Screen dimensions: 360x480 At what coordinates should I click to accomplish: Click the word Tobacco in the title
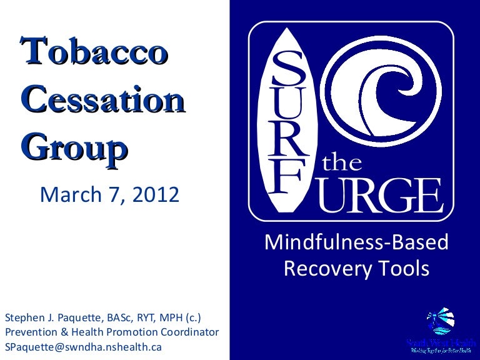[94, 52]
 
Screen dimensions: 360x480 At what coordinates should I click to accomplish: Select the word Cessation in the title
[103, 101]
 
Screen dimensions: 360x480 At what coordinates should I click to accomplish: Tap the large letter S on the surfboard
[288, 70]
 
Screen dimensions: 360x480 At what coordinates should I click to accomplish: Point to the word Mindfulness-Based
[357, 242]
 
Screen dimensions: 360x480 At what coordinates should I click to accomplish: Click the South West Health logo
[436, 332]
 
